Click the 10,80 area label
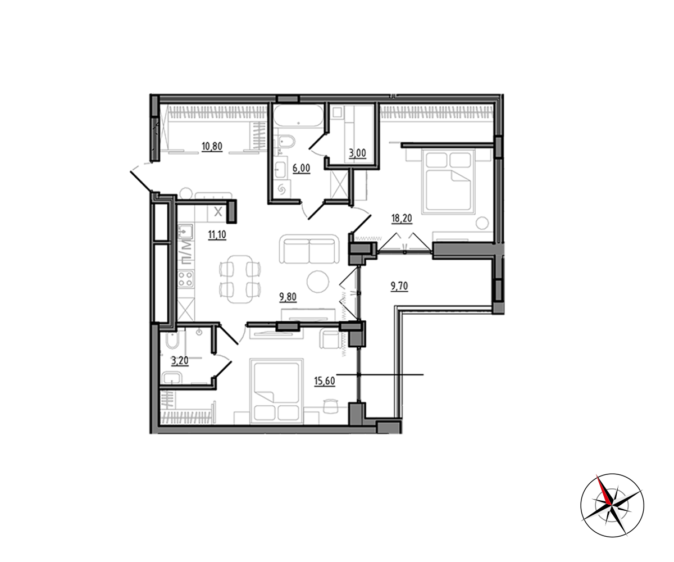coord(212,147)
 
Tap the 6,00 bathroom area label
coord(301,168)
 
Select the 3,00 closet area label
coord(357,153)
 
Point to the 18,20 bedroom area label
coord(402,219)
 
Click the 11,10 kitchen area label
coord(217,235)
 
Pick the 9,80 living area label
coord(288,297)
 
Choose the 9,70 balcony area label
coord(399,286)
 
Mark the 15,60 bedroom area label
coord(325,381)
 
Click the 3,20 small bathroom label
coord(180,360)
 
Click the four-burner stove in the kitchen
coord(186,279)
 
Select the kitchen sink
coord(185,232)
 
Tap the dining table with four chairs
coord(240,279)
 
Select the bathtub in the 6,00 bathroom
coord(298,116)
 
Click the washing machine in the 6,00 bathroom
coord(281,189)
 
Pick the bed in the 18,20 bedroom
coord(448,182)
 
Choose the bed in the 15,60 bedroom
coord(276,391)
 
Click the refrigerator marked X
coord(218,212)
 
